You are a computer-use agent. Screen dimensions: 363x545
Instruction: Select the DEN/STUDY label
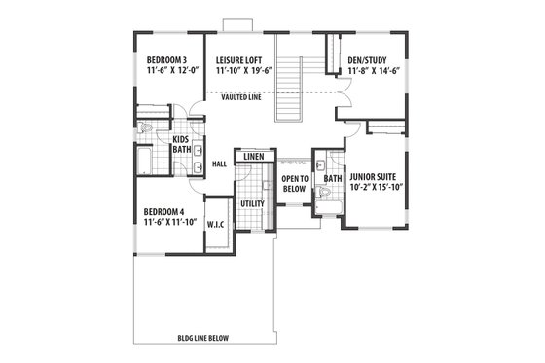coord(373,58)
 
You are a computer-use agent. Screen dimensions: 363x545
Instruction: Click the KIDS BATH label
coord(182,143)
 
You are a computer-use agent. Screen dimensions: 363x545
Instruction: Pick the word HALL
coord(219,164)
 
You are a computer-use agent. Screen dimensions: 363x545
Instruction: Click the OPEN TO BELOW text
coord(295,185)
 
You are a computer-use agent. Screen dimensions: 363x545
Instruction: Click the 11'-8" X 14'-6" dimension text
coord(373,71)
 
